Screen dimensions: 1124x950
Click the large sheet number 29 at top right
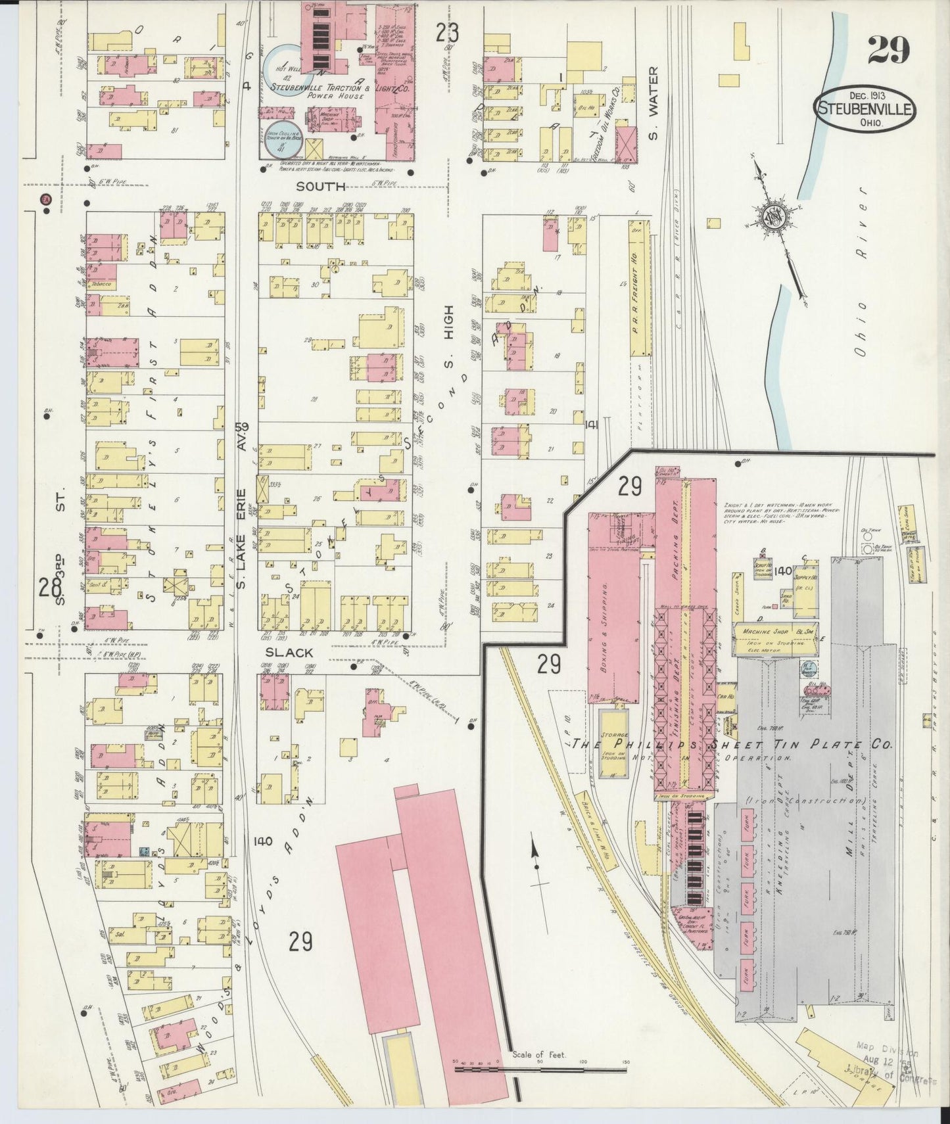pos(888,51)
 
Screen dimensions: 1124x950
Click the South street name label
pos(320,187)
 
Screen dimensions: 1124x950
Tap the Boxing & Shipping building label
pos(604,620)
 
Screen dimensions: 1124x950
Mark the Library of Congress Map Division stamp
pos(898,1064)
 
